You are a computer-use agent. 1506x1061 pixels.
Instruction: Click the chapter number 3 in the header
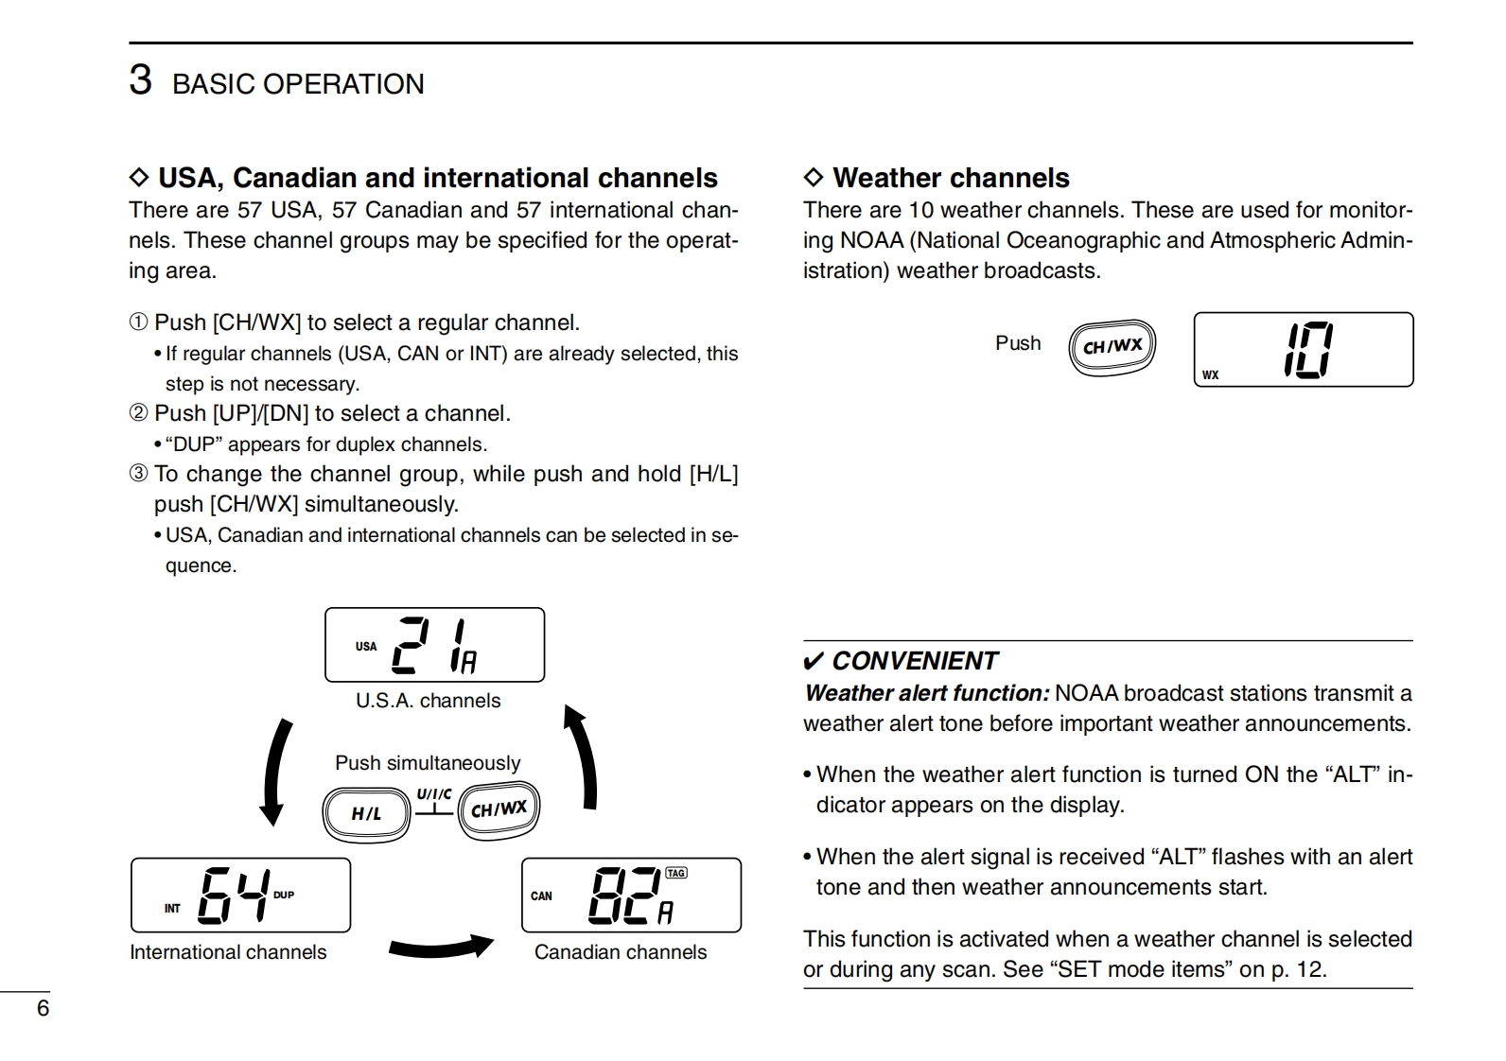(140, 80)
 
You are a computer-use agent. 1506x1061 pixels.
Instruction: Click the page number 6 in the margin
(43, 1008)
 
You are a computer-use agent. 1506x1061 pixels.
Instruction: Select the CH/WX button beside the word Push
(1112, 346)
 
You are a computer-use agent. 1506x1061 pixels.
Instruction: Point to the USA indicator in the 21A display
(366, 647)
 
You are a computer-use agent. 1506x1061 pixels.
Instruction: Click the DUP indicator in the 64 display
(284, 895)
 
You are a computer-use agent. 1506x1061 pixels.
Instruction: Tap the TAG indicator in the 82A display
(675, 873)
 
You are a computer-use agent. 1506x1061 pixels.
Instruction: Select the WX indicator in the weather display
(1211, 375)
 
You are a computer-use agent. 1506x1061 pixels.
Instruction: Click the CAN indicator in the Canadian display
(541, 896)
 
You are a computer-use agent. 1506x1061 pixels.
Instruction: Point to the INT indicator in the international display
(172, 909)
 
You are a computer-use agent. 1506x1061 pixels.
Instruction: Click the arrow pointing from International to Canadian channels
(441, 946)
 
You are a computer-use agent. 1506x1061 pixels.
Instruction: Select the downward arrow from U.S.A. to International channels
(276, 771)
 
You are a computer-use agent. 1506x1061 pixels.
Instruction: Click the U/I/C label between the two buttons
(434, 794)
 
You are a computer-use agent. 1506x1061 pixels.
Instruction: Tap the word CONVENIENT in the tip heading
(915, 661)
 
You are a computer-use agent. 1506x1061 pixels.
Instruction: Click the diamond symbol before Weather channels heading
(814, 178)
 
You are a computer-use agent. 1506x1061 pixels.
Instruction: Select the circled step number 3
(139, 474)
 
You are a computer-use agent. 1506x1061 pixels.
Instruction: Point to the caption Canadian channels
(621, 952)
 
